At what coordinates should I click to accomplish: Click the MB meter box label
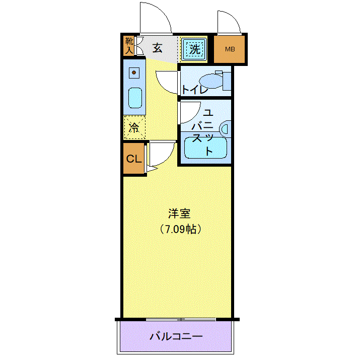pos(230,49)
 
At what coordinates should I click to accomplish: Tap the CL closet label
pos(134,159)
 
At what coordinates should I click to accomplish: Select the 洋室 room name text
pos(179,213)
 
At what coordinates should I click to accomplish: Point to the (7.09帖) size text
pos(180,229)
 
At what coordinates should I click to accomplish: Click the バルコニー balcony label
pos(176,336)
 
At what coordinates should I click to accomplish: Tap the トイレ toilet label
pos(195,90)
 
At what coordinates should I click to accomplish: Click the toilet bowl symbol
pos(211,81)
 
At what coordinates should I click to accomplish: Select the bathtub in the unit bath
pos(206,148)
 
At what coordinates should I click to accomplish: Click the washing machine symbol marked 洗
pos(194,49)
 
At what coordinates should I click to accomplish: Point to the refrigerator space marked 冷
pos(134,128)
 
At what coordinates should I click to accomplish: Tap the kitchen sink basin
pos(135,98)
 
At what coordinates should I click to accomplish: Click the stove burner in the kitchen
pos(134,73)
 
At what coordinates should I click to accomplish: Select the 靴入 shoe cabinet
pos(129,46)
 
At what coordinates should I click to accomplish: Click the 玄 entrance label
pos(158,48)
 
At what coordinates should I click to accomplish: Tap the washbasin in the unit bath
pos(225,129)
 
